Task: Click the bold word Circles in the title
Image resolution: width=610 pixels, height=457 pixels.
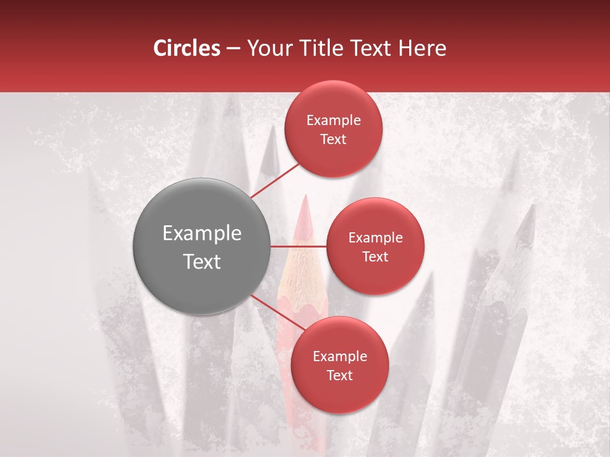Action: [186, 48]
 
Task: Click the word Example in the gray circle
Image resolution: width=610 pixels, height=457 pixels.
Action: [202, 233]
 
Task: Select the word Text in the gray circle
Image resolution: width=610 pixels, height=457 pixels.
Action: [202, 262]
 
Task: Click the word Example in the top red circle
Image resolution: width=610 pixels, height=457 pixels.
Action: [333, 120]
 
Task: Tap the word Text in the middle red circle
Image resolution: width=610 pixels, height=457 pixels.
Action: [375, 256]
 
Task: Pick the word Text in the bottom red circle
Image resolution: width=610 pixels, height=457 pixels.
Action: [339, 375]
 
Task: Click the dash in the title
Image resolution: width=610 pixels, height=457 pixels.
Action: [233, 48]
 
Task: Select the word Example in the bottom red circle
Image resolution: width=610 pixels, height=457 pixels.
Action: [339, 356]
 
